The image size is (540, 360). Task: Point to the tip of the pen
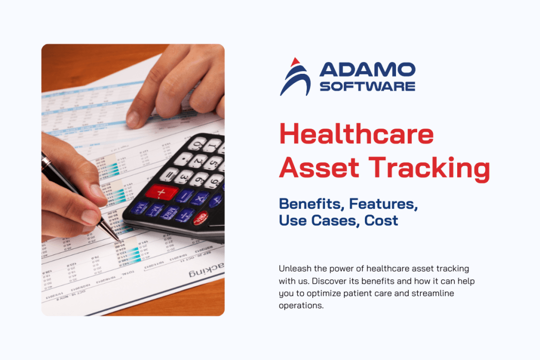[x=118, y=240]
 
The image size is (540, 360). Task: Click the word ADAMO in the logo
[x=367, y=70]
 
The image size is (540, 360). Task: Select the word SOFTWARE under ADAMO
[x=367, y=86]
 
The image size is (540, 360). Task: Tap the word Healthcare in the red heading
[x=356, y=134]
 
